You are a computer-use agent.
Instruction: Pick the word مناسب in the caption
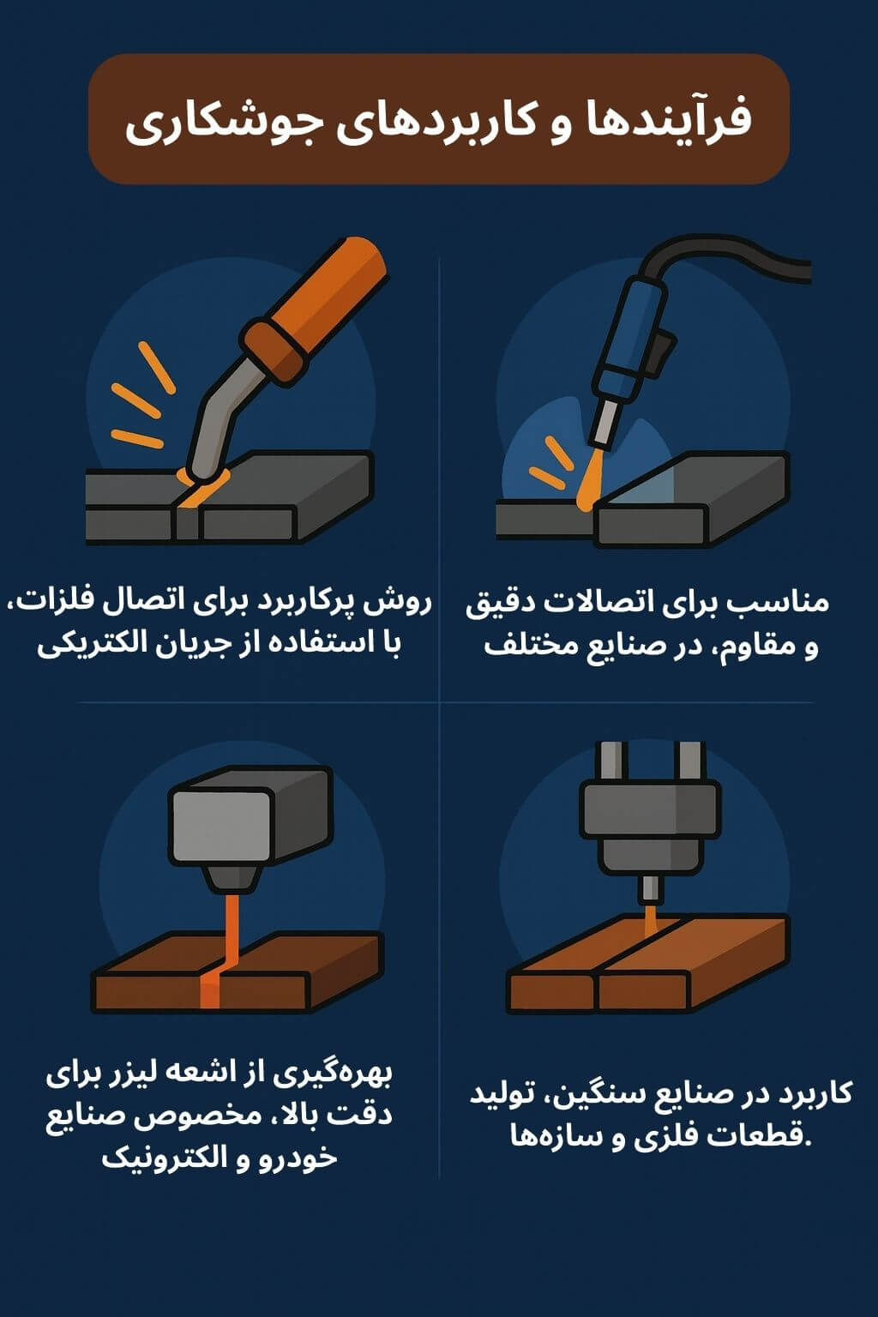[x=790, y=602]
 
